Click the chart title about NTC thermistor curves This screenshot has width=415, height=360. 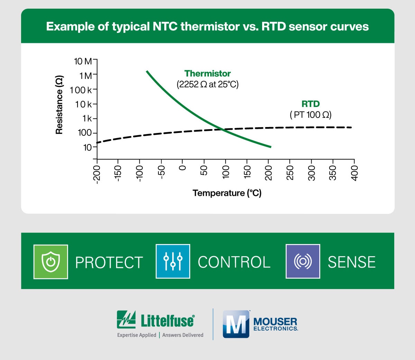pos(207,27)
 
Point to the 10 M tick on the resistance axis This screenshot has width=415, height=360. pos(83,61)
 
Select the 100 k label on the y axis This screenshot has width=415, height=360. pos(81,90)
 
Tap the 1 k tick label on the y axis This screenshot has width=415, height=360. pos(87,118)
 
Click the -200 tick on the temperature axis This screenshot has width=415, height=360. pos(97,174)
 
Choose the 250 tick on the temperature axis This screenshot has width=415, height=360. pos(290,172)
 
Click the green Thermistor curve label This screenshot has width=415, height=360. pos(207,73)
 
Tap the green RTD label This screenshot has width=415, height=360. pos(311,104)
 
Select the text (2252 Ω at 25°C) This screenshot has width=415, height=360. pos(207,84)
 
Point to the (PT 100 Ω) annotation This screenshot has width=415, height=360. pos(311,115)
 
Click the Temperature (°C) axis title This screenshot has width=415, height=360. pos(227,193)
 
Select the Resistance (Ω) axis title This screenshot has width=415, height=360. pos(59,105)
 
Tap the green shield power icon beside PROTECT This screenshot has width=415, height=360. pos(51,262)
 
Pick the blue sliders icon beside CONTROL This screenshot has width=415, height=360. pos(173,261)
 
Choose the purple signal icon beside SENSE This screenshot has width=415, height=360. pos(303,261)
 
